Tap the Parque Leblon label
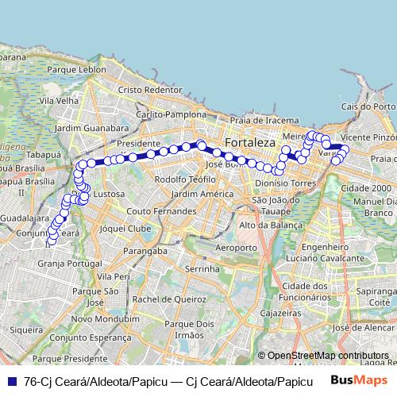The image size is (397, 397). coord(76,70)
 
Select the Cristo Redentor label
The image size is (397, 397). coord(150,91)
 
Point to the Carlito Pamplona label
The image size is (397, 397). coord(171,114)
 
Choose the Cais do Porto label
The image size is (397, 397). coord(367,106)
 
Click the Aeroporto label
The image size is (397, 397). coord(236,248)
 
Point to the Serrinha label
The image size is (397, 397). coord(200,270)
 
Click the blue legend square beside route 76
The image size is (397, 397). coord(11,381)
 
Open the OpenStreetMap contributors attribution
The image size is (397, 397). coord(327,355)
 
